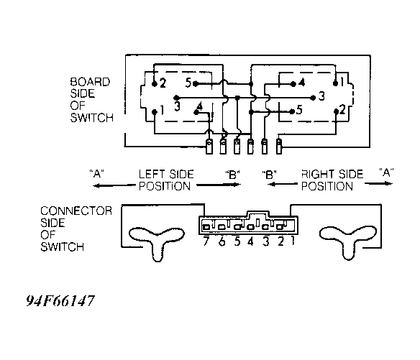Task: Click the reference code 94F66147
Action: coord(60,301)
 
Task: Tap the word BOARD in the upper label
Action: coord(90,82)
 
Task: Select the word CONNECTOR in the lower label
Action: coord(76,211)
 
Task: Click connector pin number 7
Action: coord(206,241)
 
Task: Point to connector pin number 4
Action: coord(250,241)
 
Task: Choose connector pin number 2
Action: coord(280,241)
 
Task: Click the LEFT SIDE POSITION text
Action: coord(166,180)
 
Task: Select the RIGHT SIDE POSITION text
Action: coord(332,180)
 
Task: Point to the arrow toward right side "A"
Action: coord(378,183)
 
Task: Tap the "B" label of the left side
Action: coord(233,175)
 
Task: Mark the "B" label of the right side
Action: coord(269,175)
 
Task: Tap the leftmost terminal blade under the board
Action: coord(209,147)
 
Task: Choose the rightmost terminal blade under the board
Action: coord(279,147)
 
